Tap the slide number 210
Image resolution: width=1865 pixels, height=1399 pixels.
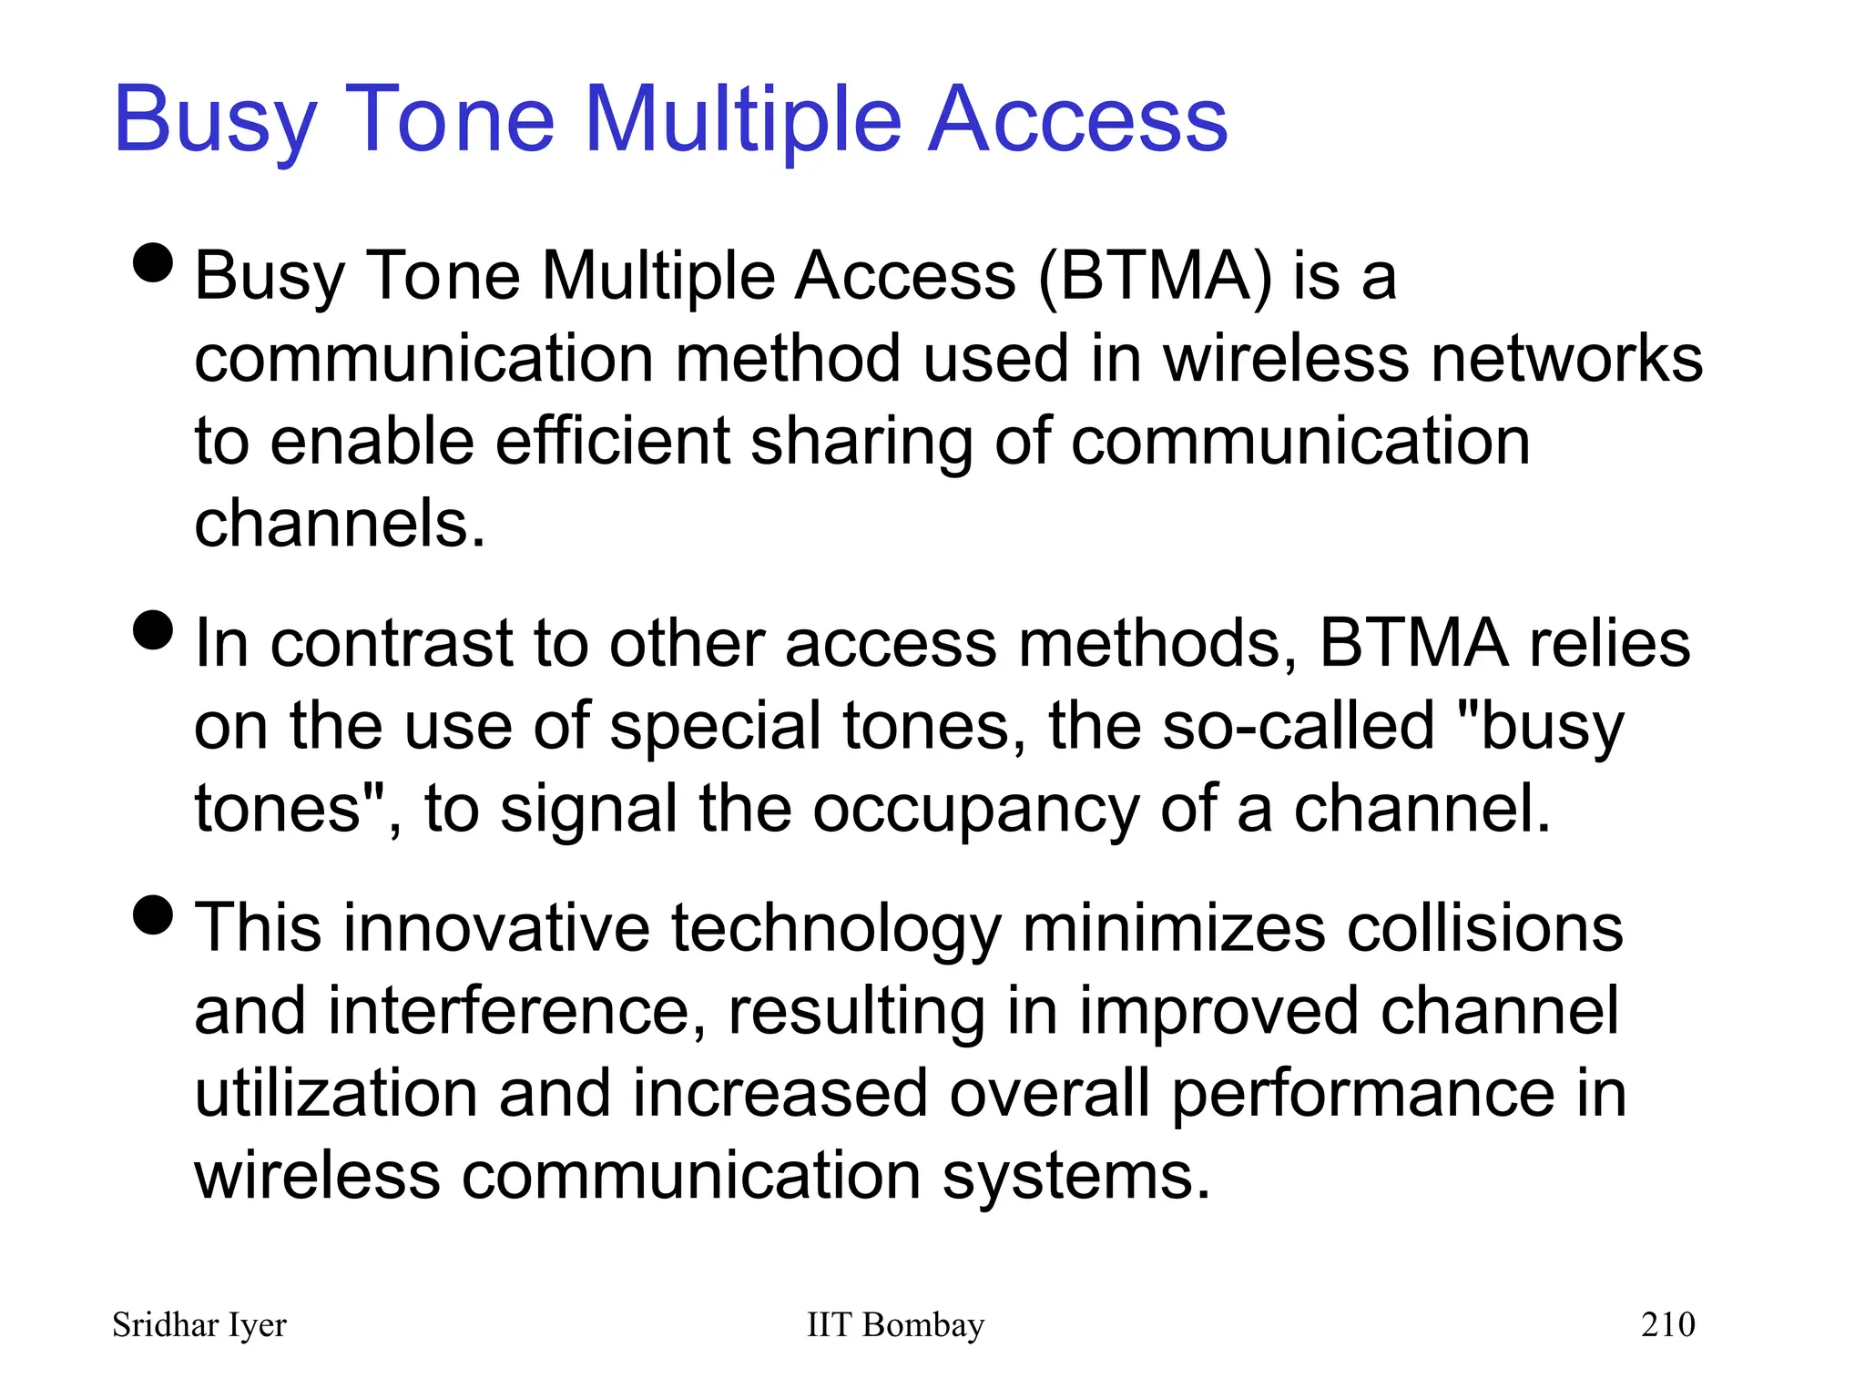coord(1667,1324)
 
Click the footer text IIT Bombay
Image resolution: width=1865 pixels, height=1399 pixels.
coord(895,1324)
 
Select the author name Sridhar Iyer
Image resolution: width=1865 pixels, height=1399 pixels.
coord(199,1325)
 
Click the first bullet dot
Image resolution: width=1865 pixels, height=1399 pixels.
coord(153,263)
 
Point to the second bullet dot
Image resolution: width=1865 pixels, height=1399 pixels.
coord(153,630)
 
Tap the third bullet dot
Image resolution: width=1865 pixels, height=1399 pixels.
coord(153,914)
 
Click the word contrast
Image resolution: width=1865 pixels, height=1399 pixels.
coord(392,644)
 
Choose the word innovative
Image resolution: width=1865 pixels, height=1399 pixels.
coord(496,929)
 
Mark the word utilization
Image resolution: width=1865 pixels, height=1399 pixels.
coord(336,1094)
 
